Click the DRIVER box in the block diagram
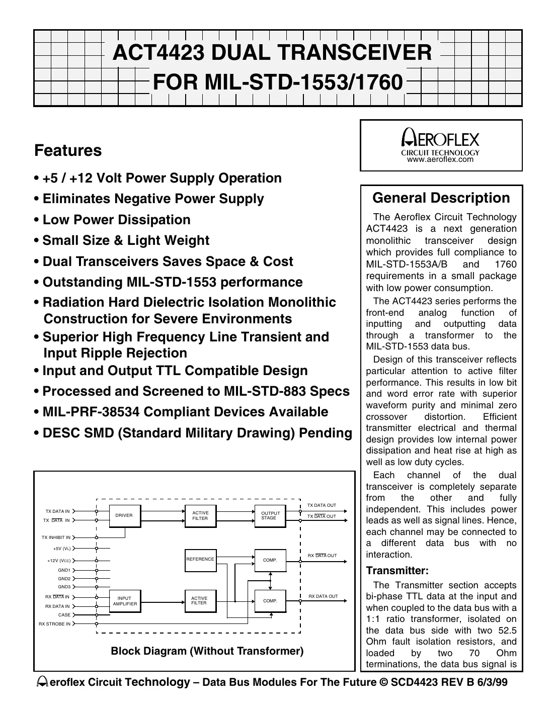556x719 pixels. (x=124, y=515)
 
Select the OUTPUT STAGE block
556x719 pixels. (x=269, y=515)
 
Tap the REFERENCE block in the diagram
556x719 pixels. (x=200, y=559)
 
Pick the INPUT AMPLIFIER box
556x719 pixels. (x=125, y=601)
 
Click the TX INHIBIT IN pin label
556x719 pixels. (x=56, y=537)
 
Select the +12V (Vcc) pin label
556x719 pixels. (x=59, y=561)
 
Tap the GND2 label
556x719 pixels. (x=64, y=579)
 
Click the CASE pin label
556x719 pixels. (x=64, y=615)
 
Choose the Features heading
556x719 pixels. (x=68, y=150)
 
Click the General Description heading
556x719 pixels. (x=441, y=198)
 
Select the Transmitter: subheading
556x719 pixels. (x=398, y=571)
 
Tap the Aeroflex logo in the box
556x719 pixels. (x=441, y=139)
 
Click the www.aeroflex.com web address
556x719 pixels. (x=440, y=159)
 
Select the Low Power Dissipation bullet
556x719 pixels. (x=116, y=220)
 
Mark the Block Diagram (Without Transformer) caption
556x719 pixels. (x=207, y=651)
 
